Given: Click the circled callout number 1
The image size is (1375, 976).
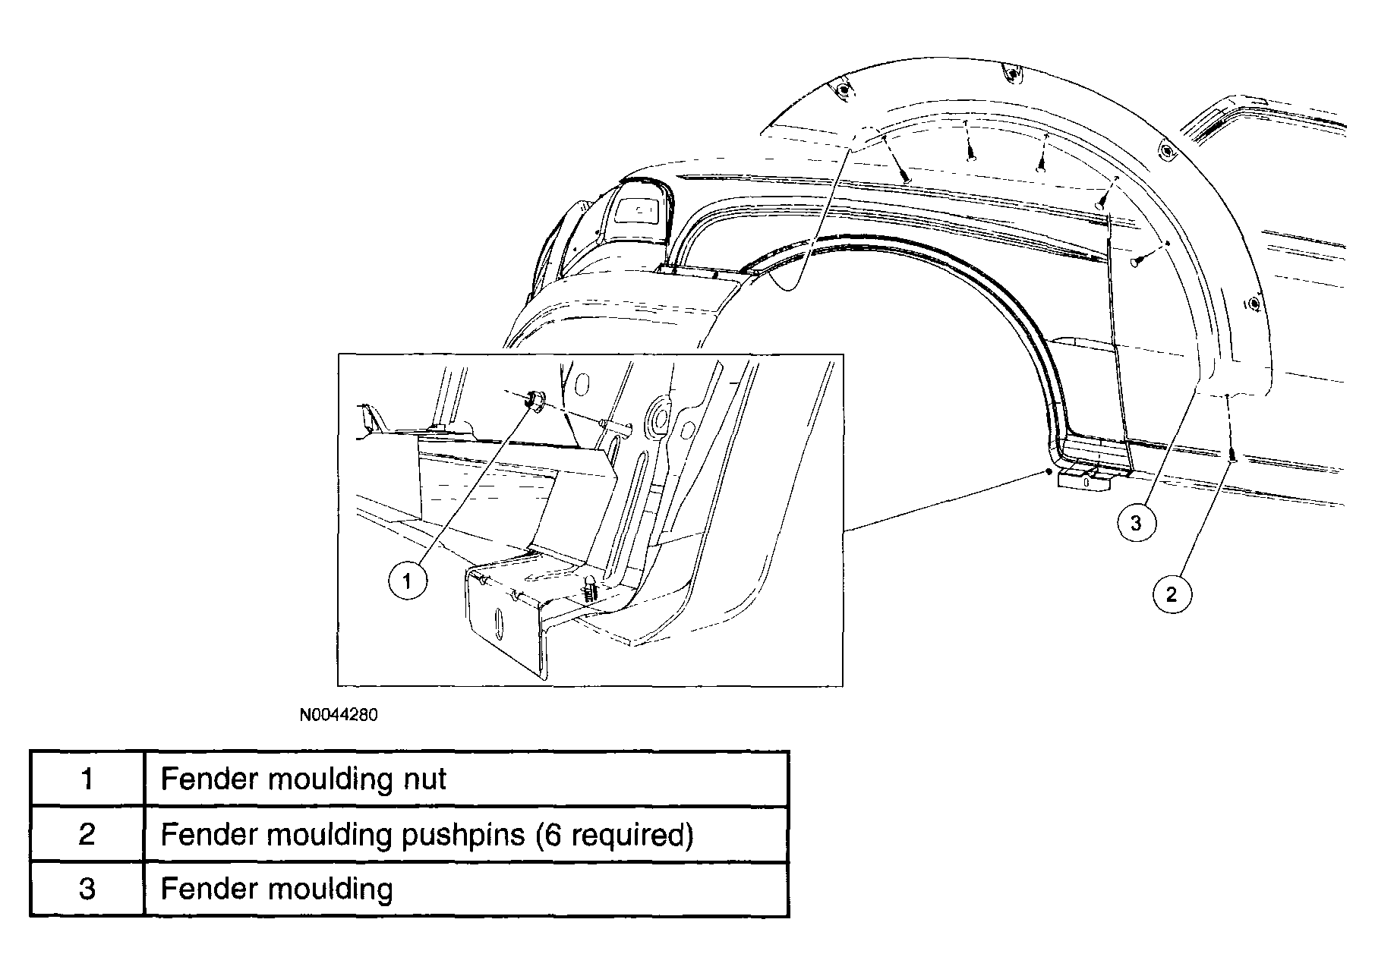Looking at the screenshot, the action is coord(408,581).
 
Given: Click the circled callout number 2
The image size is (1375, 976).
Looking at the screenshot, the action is coord(1172,594).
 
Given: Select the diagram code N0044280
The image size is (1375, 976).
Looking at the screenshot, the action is coord(338,715).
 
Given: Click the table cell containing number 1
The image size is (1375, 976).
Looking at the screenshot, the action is coord(87,779).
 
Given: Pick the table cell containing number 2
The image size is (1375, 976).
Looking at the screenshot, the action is coord(87,834).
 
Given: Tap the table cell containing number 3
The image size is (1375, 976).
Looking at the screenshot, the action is coord(87,889).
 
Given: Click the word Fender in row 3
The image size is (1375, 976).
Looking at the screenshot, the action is coord(201,889).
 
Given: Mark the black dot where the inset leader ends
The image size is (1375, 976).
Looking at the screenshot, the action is coord(1048,472).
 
